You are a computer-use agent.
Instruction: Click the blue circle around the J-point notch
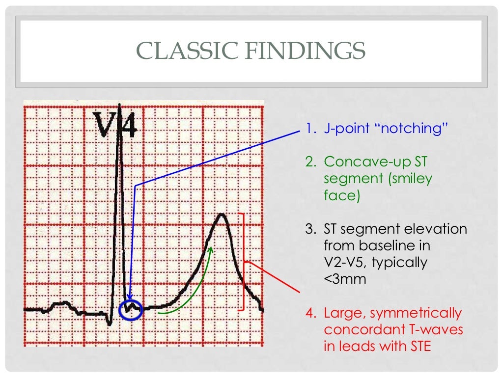131,309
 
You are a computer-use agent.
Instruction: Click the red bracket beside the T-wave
243,262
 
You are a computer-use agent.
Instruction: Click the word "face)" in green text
342,195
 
